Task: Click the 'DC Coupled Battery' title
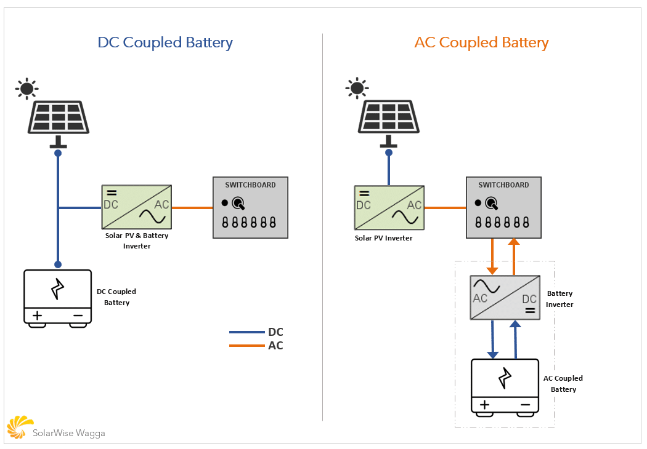coord(165,42)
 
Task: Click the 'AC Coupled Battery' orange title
coord(481,42)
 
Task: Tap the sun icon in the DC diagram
coord(26,89)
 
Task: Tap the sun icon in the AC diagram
coord(357,88)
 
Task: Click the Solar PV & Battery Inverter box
coord(136,208)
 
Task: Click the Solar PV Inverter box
coord(389,208)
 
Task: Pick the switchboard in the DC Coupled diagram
coord(250,207)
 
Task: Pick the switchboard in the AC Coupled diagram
coord(504,207)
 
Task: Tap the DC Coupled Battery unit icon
coord(58,296)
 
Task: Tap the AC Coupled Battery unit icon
coord(505,386)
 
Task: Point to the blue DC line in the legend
coord(246,332)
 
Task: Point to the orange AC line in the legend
coord(246,346)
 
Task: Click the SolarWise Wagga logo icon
coord(19,427)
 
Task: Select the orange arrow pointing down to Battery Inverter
coord(492,257)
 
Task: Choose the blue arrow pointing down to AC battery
coord(492,340)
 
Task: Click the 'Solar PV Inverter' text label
coord(383,238)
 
